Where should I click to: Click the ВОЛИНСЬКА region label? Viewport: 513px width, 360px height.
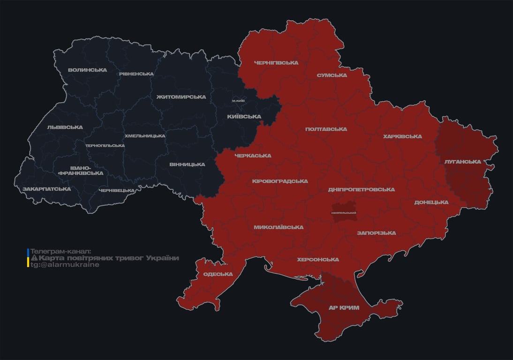tap(87, 70)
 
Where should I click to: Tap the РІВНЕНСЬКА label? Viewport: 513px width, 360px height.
tap(136, 74)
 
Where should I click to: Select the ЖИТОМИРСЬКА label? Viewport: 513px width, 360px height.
tap(181, 97)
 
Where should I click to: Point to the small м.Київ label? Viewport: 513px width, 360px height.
tap(238, 101)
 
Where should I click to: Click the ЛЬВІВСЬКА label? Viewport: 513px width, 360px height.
tap(65, 127)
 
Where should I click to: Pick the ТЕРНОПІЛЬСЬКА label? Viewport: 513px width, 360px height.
tap(105, 145)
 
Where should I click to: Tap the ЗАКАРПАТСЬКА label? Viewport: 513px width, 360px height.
tap(47, 189)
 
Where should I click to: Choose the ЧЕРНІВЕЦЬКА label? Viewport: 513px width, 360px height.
tap(117, 190)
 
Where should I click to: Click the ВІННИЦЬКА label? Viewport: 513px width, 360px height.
tap(187, 165)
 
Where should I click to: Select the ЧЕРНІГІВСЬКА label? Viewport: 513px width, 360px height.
tap(276, 62)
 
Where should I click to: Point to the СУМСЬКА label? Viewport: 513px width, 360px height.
tap(332, 75)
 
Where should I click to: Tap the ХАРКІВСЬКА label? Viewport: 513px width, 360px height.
tap(402, 136)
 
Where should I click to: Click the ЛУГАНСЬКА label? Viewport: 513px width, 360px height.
tap(462, 161)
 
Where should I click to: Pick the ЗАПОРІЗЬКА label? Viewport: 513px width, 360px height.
tap(376, 233)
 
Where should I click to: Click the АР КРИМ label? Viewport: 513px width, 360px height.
tap(344, 307)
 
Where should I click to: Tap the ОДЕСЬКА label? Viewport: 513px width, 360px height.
tap(218, 274)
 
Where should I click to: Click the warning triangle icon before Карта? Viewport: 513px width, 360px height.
tap(34, 258)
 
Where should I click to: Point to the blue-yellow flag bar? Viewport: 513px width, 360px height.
tap(28, 258)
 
